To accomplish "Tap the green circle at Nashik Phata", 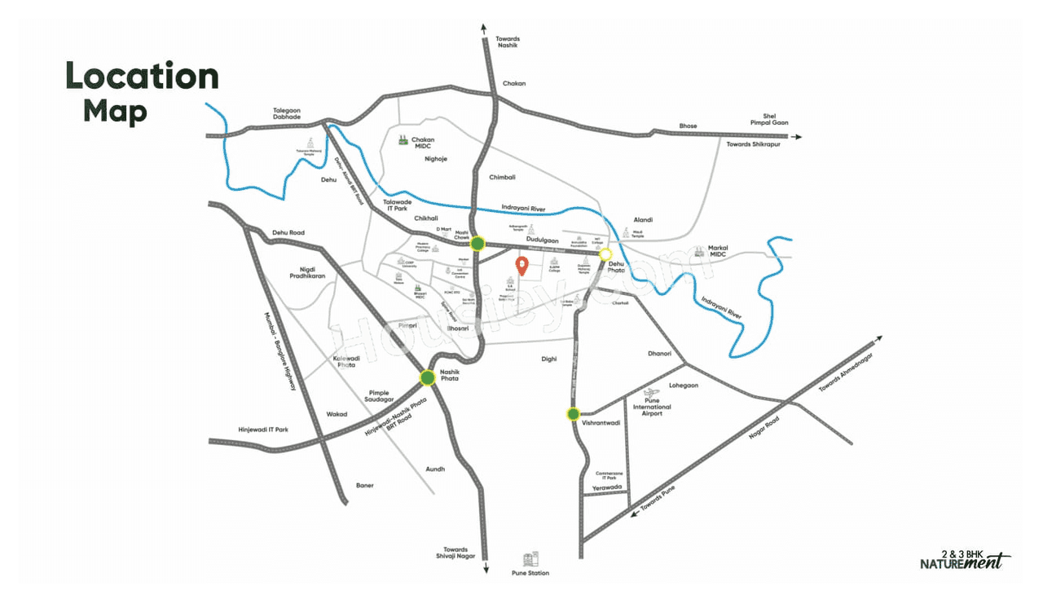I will (x=428, y=377).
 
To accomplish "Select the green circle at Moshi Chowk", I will (x=477, y=243).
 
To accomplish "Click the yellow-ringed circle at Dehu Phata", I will (x=605, y=254).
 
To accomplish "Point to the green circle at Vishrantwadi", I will (x=574, y=414).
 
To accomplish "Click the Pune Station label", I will (x=530, y=573).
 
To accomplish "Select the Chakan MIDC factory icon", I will (x=403, y=140).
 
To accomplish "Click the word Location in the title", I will (x=142, y=77).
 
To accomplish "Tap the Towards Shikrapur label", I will (x=754, y=144).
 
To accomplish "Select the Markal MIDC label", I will (x=718, y=250).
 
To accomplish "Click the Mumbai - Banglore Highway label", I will (x=279, y=351).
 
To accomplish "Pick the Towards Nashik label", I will (x=508, y=43).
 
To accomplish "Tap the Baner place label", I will (x=364, y=485).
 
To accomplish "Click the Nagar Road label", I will (x=764, y=428).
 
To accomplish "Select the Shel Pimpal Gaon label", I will (x=775, y=119).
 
